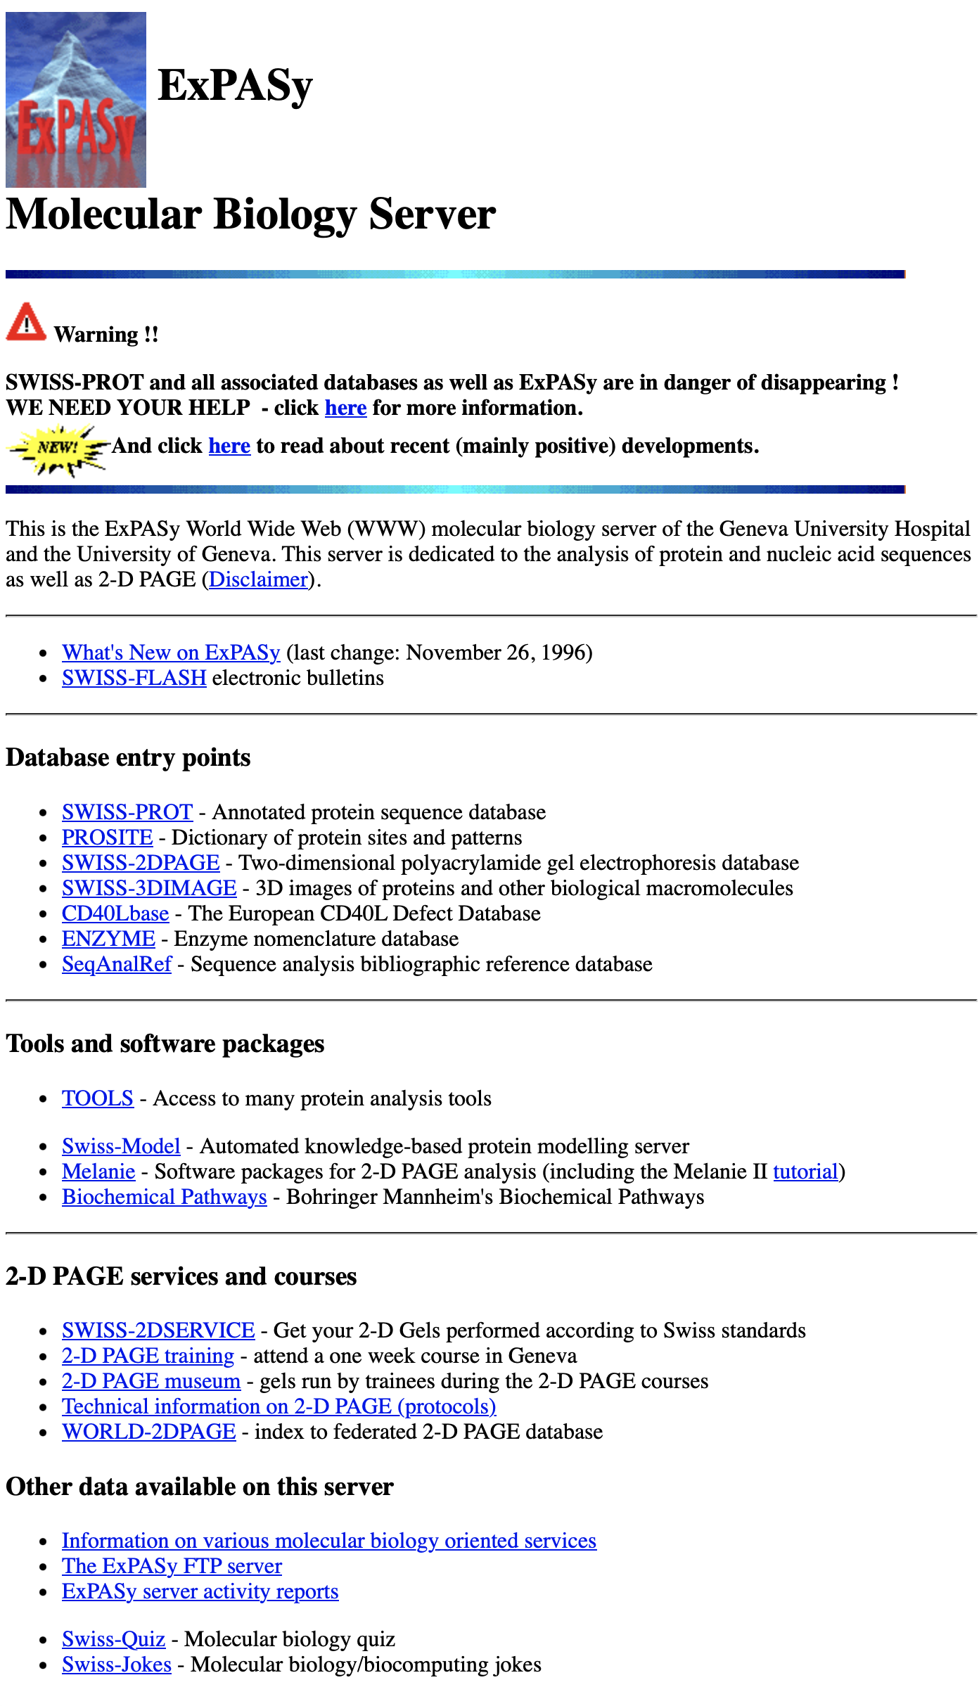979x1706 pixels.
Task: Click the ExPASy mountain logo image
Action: click(76, 100)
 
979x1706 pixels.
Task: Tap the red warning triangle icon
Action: click(26, 323)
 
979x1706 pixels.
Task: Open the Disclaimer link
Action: click(259, 579)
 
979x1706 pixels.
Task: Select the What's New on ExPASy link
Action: click(171, 653)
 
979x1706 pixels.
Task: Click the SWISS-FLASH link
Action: click(134, 678)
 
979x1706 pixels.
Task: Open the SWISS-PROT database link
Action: click(127, 812)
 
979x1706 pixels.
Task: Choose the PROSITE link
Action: click(107, 838)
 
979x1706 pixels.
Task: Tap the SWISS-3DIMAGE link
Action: click(149, 888)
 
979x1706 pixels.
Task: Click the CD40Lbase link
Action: click(115, 913)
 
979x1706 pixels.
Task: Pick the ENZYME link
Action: click(108, 939)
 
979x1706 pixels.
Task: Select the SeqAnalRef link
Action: click(117, 964)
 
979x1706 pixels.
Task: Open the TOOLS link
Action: click(98, 1098)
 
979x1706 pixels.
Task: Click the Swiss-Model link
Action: click(121, 1146)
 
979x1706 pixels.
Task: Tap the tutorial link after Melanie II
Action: click(806, 1172)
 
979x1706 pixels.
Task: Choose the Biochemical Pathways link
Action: click(165, 1197)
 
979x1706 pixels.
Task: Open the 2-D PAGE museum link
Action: click(151, 1381)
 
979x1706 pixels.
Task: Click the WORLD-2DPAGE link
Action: click(149, 1432)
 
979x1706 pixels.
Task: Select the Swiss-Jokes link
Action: click(117, 1665)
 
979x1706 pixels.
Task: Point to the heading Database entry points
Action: click(128, 758)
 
